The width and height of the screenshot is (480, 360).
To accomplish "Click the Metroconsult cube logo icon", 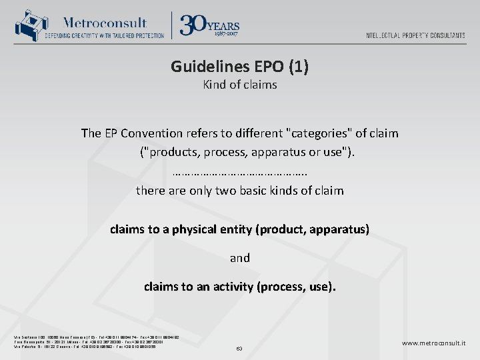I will (29, 25).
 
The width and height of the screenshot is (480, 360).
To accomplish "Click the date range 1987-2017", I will (226, 32).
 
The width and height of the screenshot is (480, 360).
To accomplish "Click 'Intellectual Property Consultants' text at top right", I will (415, 35).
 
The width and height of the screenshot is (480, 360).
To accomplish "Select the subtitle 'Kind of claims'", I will (239, 85).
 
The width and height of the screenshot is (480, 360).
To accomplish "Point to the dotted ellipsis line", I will (239, 173).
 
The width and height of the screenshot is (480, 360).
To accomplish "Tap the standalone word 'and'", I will (239, 257).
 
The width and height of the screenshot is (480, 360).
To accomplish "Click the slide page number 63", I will (239, 348).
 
